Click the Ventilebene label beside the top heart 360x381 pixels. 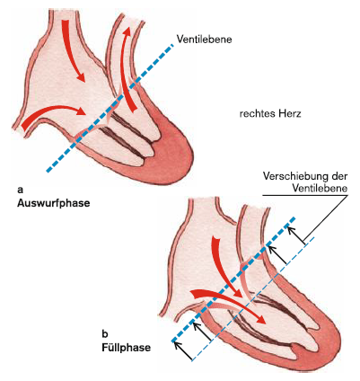tap(204, 40)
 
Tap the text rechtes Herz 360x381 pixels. tap(270, 114)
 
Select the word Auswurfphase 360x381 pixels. tap(54, 203)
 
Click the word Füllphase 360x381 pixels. tap(127, 348)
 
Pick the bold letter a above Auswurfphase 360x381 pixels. tap(20, 190)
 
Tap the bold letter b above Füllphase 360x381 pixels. tap(105, 333)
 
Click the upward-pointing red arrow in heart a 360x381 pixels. tap(126, 69)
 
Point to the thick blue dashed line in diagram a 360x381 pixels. tap(110, 108)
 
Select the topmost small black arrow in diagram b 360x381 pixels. tap(295, 235)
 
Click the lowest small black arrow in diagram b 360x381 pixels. tap(183, 350)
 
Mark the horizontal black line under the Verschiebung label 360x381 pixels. tap(305, 196)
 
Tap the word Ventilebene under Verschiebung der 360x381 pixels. tap(320, 189)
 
